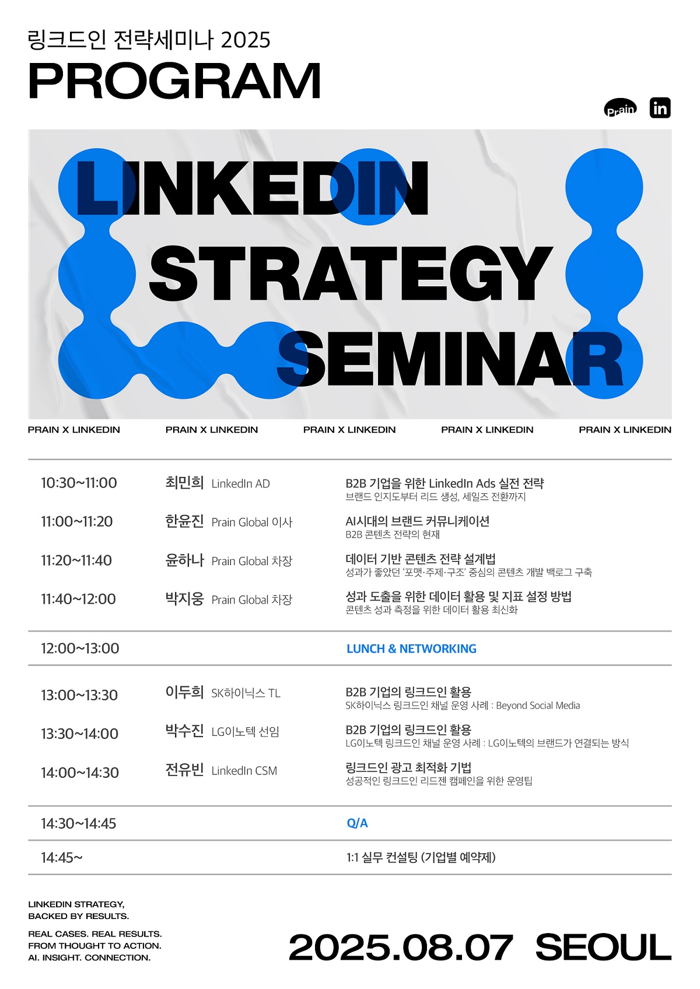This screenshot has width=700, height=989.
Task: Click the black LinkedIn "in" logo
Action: (660, 108)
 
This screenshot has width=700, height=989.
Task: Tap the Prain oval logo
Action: (620, 108)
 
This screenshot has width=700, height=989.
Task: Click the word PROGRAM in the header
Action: (174, 81)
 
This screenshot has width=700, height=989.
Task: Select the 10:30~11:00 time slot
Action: (79, 483)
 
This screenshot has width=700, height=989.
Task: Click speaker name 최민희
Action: (184, 483)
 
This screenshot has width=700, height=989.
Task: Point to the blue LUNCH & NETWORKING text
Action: (411, 648)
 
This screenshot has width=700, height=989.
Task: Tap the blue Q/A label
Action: (357, 823)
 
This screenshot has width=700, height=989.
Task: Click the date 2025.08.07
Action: (401, 948)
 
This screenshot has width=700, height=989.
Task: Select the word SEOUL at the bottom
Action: (603, 948)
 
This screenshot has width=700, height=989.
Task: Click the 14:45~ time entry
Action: (62, 857)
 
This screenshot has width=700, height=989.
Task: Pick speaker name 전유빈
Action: (184, 770)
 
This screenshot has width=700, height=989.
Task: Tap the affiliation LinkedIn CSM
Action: (244, 771)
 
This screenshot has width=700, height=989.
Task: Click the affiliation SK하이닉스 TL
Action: (246, 693)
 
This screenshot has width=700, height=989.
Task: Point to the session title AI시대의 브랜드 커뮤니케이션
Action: (417, 521)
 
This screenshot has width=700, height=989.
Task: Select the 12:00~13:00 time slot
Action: (80, 648)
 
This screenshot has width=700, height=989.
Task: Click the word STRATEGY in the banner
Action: (351, 273)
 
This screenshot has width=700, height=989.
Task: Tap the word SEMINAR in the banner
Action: (450, 359)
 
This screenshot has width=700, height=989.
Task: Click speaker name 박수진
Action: (184, 731)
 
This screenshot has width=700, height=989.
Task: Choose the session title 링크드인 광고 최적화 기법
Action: (408, 768)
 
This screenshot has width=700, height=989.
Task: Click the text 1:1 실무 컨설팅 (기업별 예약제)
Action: (421, 857)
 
